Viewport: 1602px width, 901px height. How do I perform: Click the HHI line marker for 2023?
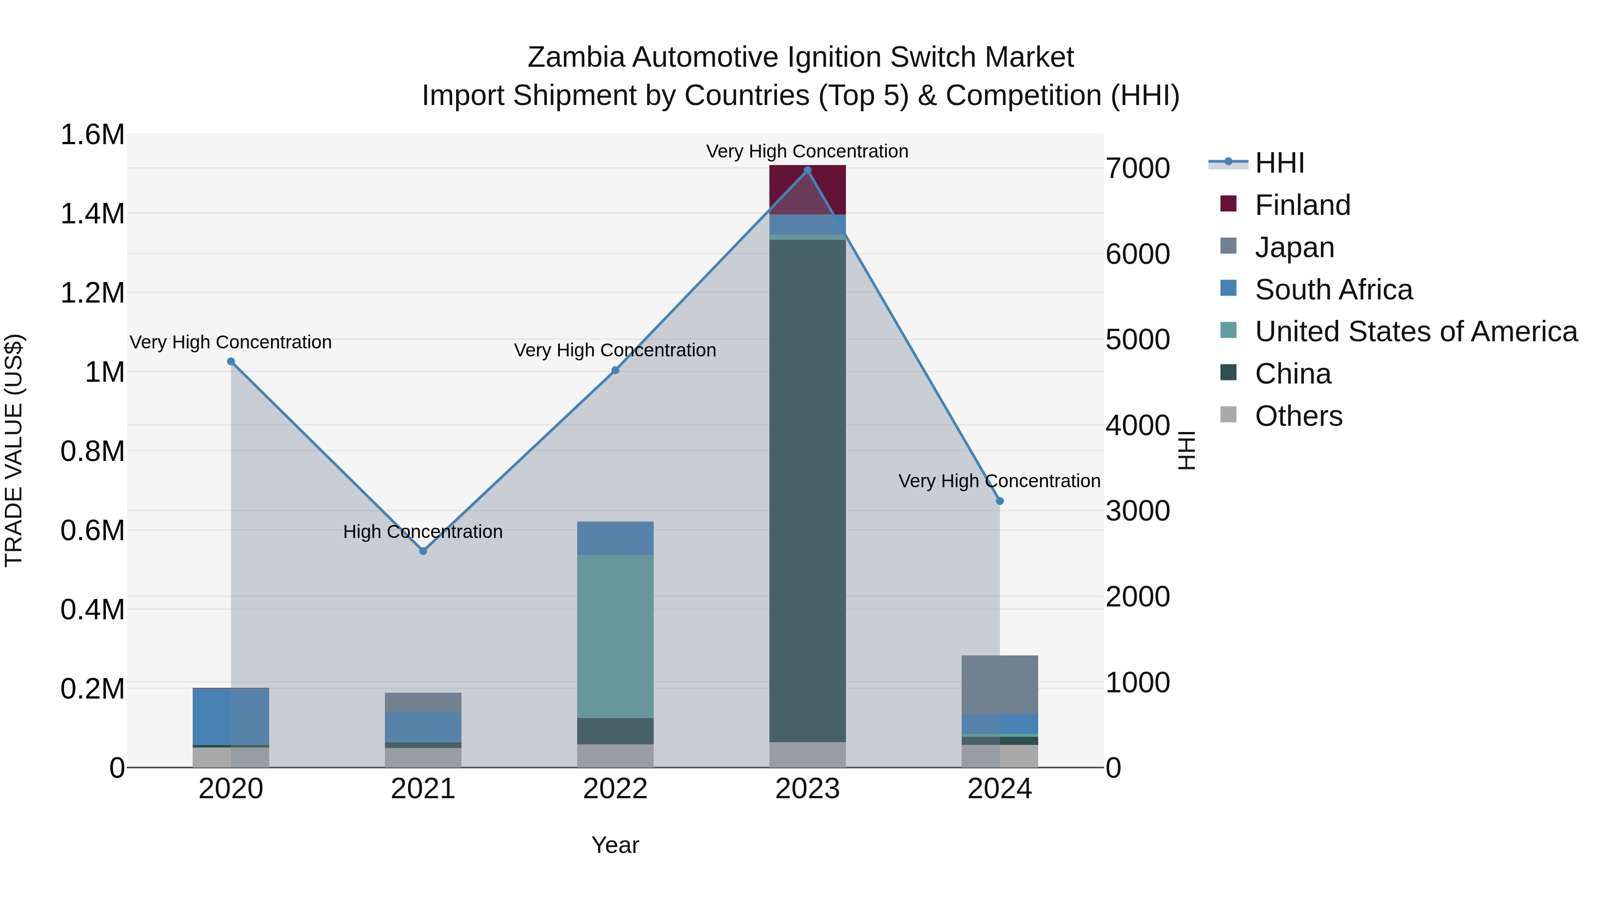[807, 170]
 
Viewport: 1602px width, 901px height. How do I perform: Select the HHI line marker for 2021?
[423, 551]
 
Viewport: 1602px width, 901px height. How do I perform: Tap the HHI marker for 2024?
[999, 501]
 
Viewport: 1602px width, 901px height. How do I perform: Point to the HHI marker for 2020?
[231, 361]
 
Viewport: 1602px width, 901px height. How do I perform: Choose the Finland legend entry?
[1302, 205]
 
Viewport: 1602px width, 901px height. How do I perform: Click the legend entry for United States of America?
[1416, 331]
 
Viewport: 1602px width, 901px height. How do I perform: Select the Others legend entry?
[1298, 416]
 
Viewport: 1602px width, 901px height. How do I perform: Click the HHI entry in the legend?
[1279, 163]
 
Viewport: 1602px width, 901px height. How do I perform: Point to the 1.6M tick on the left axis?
[92, 135]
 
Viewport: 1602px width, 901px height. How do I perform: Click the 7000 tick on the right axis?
[1137, 169]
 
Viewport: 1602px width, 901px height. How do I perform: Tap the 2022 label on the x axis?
[615, 789]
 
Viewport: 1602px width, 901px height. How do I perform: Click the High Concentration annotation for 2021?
[423, 532]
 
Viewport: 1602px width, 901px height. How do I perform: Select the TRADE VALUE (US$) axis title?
[14, 450]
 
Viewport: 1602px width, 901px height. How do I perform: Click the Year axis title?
[615, 845]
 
